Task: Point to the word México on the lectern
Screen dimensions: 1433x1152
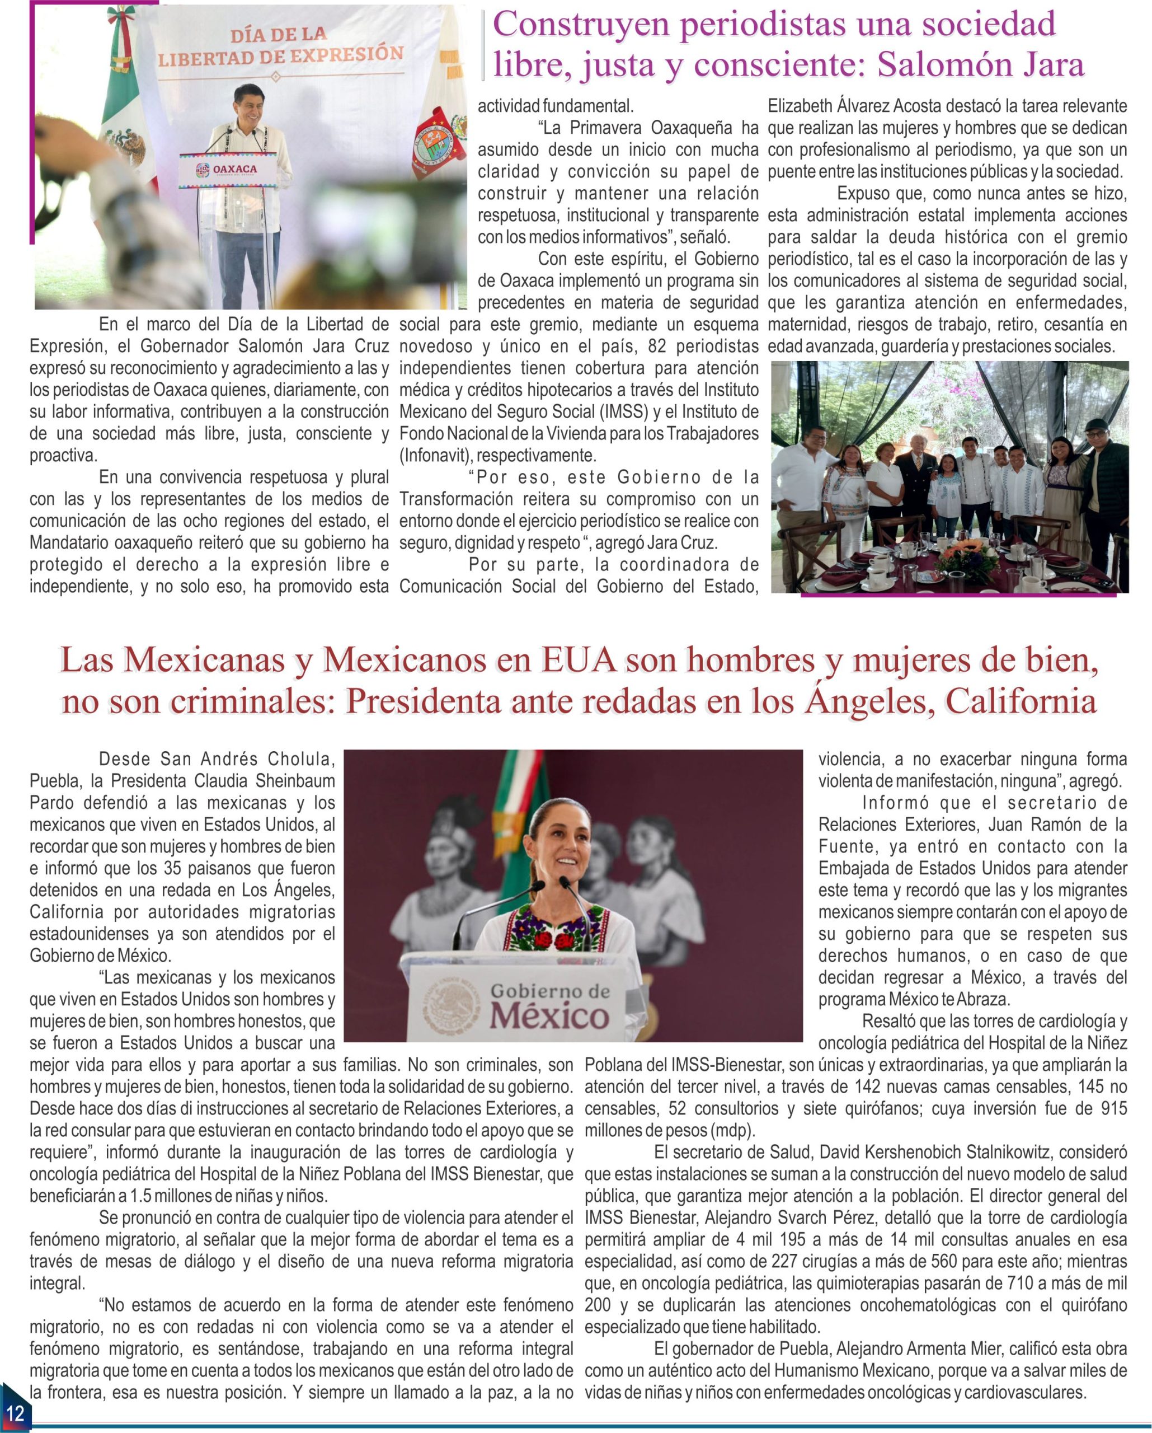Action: [549, 1017]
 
